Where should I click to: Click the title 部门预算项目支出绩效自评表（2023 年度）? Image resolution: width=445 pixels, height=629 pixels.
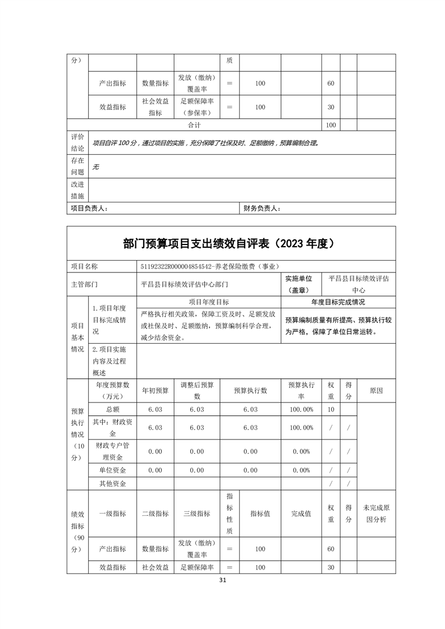(x=230, y=243)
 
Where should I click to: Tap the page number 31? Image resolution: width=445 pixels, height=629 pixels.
(x=223, y=580)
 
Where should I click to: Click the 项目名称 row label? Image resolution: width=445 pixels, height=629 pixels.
(x=84, y=266)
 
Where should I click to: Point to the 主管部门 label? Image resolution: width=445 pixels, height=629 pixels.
(x=84, y=284)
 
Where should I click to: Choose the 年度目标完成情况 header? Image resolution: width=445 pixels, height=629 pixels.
(x=338, y=302)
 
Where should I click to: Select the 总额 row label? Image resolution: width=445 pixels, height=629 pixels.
(x=112, y=409)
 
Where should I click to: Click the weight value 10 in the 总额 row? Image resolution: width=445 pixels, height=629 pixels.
(x=331, y=409)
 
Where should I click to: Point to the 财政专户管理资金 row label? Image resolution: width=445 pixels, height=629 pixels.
(x=112, y=451)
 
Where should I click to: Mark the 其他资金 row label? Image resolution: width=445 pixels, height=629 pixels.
(x=112, y=483)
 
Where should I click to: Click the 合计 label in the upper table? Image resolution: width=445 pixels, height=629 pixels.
(x=194, y=125)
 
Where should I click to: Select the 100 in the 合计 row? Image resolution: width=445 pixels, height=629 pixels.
(x=331, y=125)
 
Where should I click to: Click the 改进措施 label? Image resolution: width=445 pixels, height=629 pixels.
(x=77, y=190)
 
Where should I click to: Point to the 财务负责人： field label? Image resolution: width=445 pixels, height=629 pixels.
(x=262, y=209)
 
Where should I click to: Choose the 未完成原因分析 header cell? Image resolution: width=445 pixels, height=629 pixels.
(x=376, y=514)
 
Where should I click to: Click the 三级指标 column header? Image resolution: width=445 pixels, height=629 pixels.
(x=196, y=514)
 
